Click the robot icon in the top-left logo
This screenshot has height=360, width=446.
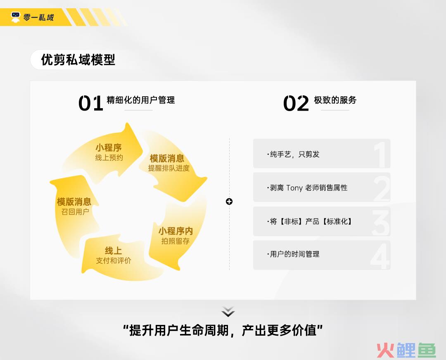(x=15, y=17)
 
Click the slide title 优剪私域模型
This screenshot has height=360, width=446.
(x=78, y=60)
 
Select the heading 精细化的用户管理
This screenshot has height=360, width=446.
(x=141, y=100)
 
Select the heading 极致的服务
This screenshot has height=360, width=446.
(x=335, y=100)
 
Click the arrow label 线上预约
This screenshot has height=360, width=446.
(x=109, y=158)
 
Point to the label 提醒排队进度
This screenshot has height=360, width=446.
(x=168, y=168)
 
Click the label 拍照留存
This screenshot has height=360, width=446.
(x=175, y=241)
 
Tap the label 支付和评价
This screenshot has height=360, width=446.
(x=114, y=261)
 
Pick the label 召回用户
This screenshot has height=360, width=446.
(x=75, y=212)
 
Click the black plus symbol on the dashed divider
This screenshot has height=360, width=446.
(x=229, y=201)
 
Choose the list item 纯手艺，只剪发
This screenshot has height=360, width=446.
(x=293, y=154)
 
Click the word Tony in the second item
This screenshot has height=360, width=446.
(x=294, y=188)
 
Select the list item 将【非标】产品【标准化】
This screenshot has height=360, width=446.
(x=309, y=221)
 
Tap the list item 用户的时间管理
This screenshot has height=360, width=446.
(x=293, y=254)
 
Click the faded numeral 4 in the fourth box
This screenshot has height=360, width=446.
(x=380, y=256)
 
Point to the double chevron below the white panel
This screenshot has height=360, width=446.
(x=228, y=312)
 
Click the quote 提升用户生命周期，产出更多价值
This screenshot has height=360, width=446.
(x=223, y=330)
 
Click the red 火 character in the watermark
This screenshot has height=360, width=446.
(x=385, y=351)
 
